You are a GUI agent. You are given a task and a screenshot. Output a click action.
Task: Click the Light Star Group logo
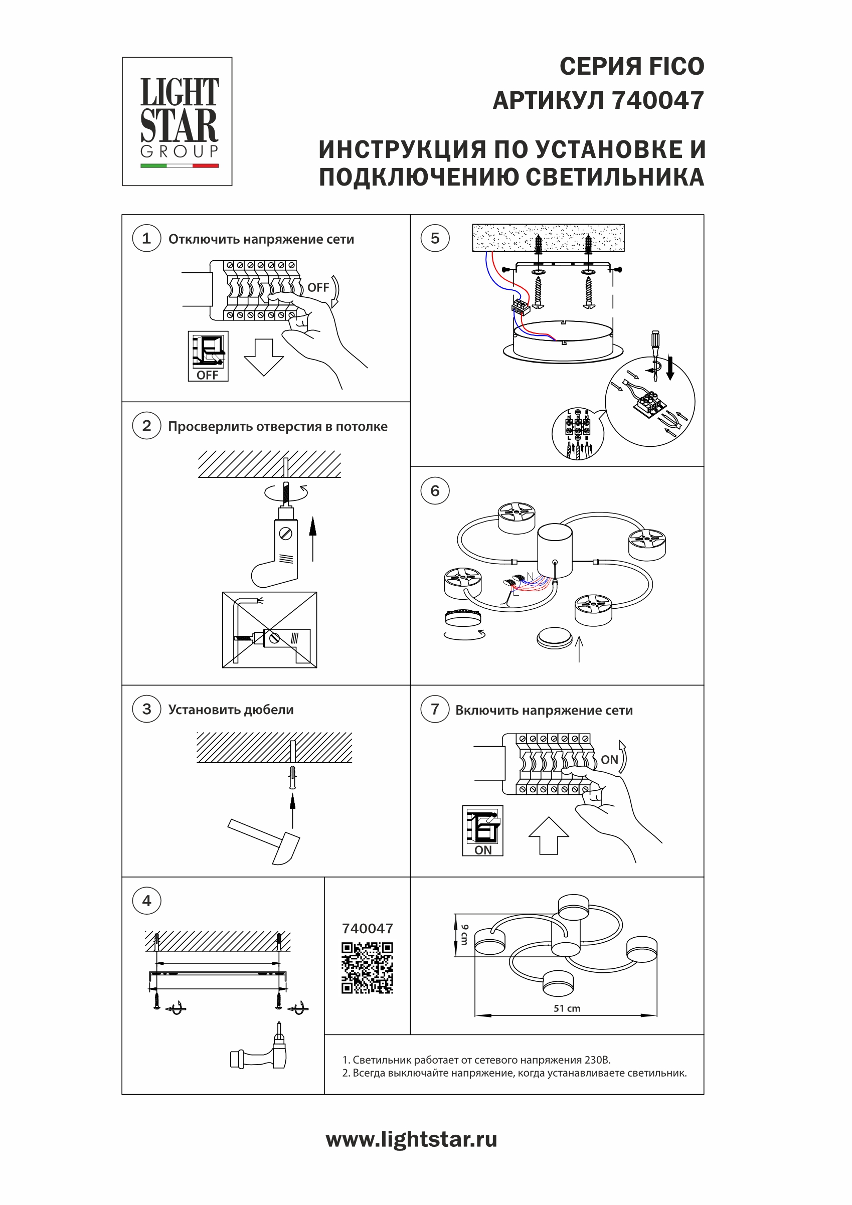[177, 121]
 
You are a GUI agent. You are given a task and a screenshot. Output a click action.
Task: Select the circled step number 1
[146, 238]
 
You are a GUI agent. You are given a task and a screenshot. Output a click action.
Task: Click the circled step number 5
[435, 238]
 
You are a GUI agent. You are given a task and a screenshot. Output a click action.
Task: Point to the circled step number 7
[435, 709]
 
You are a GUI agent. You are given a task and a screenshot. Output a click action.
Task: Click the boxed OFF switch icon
[208, 356]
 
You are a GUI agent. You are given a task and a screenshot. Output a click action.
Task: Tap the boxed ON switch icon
[482, 830]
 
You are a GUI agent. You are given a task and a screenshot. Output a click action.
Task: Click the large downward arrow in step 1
[264, 357]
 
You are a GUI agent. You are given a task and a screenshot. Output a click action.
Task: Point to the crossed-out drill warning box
[269, 629]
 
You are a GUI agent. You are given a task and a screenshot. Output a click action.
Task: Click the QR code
[367, 968]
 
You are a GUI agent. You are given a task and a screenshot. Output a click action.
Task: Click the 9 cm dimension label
[464, 935]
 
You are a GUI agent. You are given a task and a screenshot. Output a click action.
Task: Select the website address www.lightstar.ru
[411, 1139]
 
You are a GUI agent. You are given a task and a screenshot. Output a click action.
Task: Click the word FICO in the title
[676, 67]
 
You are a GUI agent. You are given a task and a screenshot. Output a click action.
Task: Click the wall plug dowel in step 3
[292, 777]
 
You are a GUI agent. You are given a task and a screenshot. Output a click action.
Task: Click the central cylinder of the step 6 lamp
[554, 549]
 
